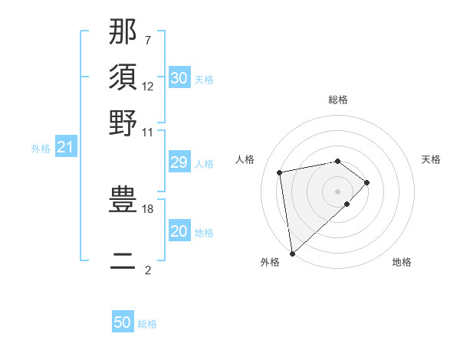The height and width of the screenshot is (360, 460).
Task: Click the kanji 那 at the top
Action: [x=123, y=31]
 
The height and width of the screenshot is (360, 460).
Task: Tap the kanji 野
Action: [x=123, y=123]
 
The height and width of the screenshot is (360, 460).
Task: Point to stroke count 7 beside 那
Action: [x=148, y=40]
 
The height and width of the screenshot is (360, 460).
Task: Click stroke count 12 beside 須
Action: [x=148, y=86]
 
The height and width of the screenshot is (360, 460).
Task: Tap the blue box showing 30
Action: [x=179, y=78]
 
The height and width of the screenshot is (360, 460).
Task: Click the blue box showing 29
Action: [x=179, y=163]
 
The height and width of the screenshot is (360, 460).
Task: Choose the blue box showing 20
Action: [x=179, y=232]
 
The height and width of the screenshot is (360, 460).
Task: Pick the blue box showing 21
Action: [x=65, y=147]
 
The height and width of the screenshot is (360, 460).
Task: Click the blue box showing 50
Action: [x=123, y=322]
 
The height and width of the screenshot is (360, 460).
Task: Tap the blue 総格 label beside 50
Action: [x=147, y=324]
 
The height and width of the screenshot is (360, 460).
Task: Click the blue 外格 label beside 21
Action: [x=41, y=149]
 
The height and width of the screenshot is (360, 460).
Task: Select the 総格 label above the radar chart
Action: [x=338, y=100]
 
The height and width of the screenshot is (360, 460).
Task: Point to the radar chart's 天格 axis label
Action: [x=431, y=159]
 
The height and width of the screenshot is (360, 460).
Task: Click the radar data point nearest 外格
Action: [x=291, y=254]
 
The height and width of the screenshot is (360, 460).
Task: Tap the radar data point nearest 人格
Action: [x=281, y=172]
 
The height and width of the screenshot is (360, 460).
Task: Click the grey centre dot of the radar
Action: [x=338, y=190]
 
